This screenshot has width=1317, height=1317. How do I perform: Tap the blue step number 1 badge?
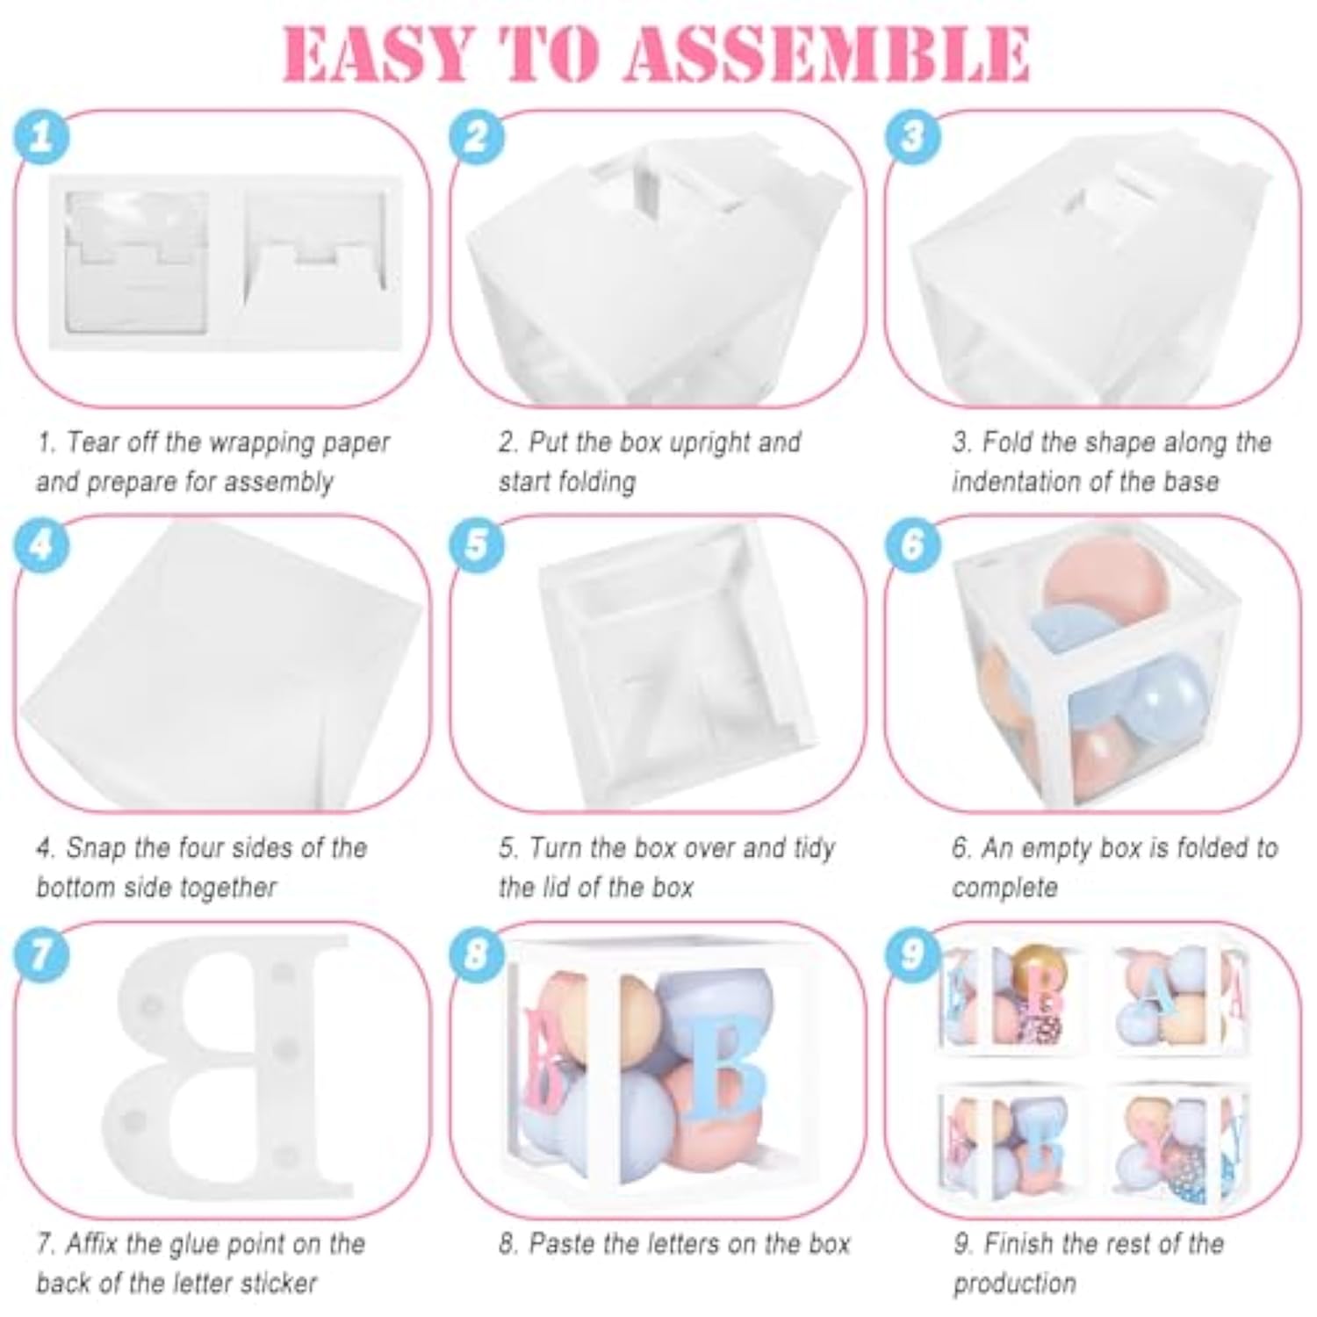pyautogui.click(x=41, y=136)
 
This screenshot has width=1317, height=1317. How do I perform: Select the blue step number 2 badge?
pyautogui.click(x=477, y=136)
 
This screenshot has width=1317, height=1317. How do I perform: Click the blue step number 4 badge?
pyautogui.click(x=41, y=544)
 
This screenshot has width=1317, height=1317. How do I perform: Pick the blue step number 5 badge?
pyautogui.click(x=477, y=544)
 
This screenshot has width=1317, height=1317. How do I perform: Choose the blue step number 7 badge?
pyautogui.click(x=41, y=953)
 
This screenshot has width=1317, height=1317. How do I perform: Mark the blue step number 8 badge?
pyautogui.click(x=477, y=953)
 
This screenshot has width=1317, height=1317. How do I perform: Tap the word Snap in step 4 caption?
pyautogui.click(x=97, y=848)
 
